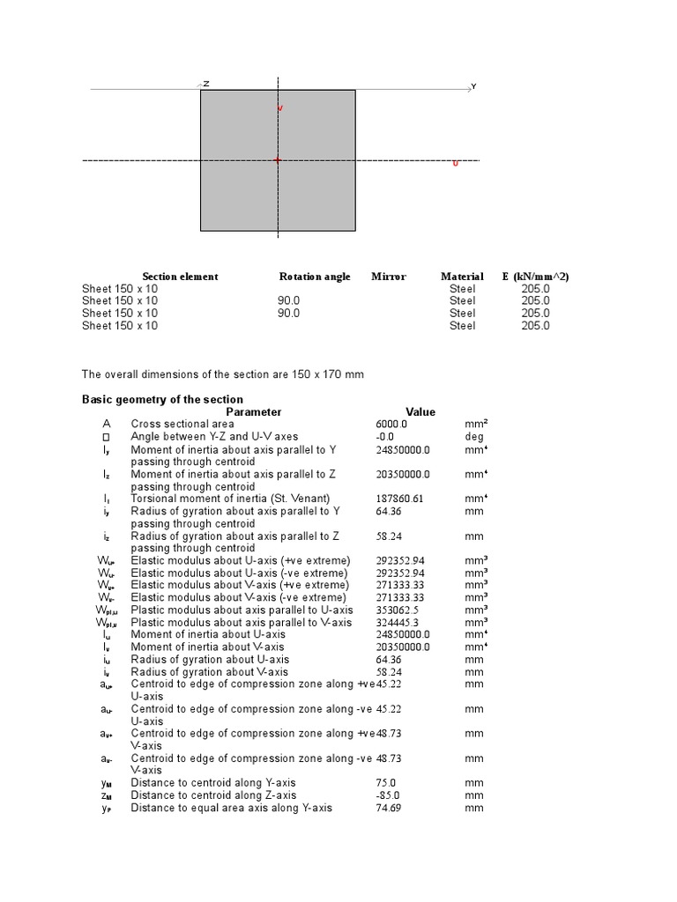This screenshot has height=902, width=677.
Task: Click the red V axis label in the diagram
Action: point(280,108)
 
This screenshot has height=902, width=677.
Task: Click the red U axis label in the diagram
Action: point(456,164)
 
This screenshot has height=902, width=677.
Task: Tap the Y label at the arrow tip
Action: point(473,86)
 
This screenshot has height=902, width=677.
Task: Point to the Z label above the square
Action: point(206,84)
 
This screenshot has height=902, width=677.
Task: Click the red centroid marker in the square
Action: point(278,160)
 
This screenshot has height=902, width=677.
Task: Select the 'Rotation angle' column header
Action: point(315,277)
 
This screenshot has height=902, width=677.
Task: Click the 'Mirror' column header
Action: point(389,277)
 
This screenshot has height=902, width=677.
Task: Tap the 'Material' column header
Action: point(462,277)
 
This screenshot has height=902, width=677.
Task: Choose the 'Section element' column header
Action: point(180,277)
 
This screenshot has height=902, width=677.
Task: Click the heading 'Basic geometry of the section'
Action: point(162,399)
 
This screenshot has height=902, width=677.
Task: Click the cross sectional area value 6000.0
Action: point(391,424)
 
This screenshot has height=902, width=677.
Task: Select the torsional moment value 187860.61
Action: point(399,498)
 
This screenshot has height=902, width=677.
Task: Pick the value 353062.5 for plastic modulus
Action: point(397,610)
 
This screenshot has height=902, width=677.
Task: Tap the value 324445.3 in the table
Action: point(397,622)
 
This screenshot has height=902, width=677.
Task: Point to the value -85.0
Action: point(387,795)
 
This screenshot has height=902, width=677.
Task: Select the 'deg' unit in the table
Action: point(474,436)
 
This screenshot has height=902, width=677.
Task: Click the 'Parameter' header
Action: point(254,411)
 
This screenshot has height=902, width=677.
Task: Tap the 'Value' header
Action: point(420,411)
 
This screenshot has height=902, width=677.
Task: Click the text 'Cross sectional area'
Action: point(182,424)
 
